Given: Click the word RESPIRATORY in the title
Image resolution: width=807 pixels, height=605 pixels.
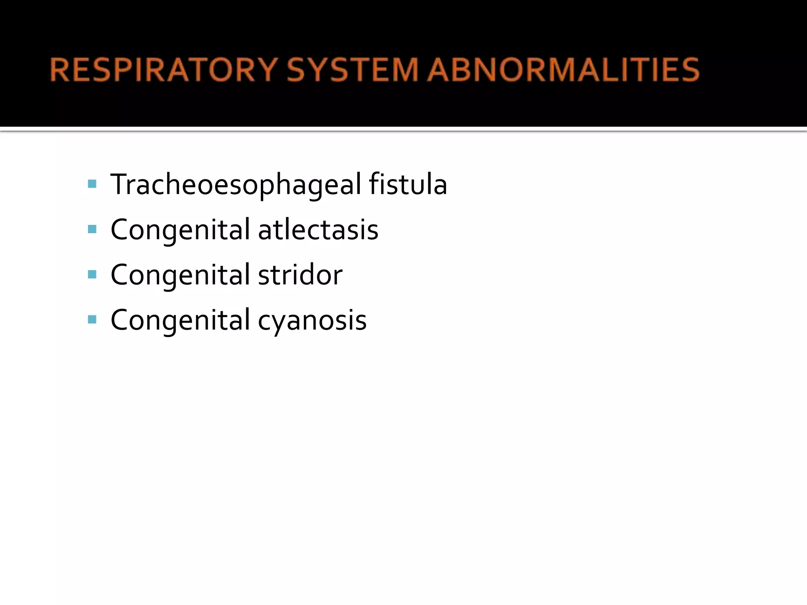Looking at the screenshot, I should click(x=164, y=70).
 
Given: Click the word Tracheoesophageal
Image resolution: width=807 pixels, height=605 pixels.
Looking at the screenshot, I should click(x=236, y=184).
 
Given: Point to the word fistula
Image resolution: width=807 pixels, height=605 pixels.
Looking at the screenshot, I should click(x=408, y=184).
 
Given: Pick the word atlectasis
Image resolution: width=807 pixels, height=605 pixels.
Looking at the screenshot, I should click(x=318, y=230).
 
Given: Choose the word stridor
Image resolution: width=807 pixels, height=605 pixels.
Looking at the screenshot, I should click(x=300, y=275).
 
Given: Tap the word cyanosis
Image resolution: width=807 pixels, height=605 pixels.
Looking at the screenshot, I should click(x=312, y=320).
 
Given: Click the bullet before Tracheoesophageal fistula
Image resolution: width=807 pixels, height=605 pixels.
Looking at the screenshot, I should click(x=92, y=184).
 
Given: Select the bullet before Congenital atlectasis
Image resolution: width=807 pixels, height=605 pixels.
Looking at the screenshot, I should click(x=92, y=229).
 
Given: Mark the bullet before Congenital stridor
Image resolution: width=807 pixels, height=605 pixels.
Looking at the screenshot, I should click(x=92, y=275).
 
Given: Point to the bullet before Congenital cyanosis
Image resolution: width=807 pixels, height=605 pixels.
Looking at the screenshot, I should click(x=92, y=319).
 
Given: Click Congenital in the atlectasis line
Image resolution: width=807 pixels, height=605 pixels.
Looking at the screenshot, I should click(x=180, y=230).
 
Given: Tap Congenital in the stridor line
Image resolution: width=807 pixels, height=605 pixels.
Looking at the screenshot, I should click(x=180, y=275).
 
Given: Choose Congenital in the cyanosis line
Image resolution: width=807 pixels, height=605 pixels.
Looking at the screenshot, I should click(x=180, y=320).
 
